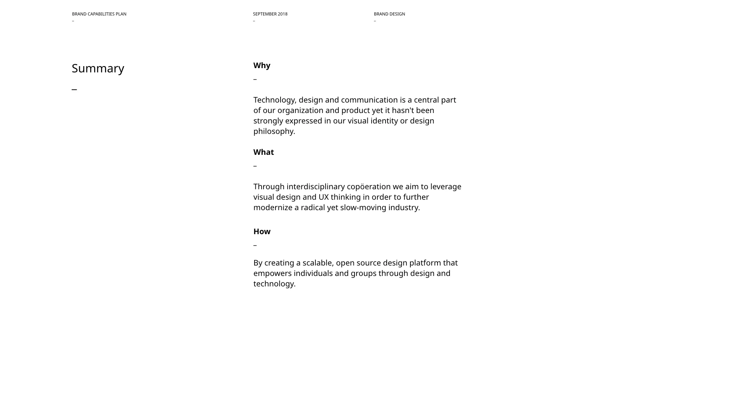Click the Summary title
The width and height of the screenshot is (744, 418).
[x=98, y=69]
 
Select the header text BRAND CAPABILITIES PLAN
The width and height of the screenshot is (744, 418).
[x=99, y=14]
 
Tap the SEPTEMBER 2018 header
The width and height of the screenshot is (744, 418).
[x=270, y=14]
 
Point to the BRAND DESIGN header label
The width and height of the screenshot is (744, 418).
[x=389, y=14]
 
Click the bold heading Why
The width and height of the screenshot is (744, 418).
[x=262, y=65]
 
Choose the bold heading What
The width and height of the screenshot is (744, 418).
[x=263, y=152]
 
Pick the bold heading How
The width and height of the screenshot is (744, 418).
[x=262, y=231]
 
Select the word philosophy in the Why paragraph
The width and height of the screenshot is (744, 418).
[x=274, y=132]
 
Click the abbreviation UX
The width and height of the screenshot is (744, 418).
[x=324, y=197]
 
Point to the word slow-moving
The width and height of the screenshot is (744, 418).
[x=363, y=208]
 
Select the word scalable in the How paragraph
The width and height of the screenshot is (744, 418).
[x=317, y=263]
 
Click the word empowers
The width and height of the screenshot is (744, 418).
[x=272, y=274]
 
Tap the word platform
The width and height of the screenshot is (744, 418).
[x=425, y=263]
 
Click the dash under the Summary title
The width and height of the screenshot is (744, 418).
[x=74, y=89]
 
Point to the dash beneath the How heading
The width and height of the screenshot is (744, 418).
[x=255, y=245]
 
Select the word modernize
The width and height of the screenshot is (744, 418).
[x=273, y=208]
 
